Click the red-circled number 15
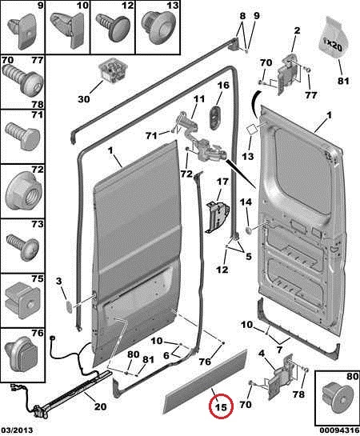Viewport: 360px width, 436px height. [222, 407]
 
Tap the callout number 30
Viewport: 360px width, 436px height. [84, 98]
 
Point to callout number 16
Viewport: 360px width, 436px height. [222, 85]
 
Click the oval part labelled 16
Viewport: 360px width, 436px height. [216, 117]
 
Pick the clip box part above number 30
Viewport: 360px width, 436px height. [114, 70]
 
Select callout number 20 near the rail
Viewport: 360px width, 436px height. [100, 406]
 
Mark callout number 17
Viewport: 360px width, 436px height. [222, 182]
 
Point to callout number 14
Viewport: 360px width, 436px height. [246, 202]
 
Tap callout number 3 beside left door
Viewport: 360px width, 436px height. [59, 281]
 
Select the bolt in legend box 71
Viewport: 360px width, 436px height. [22, 137]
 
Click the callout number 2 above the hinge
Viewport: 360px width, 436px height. [297, 30]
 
